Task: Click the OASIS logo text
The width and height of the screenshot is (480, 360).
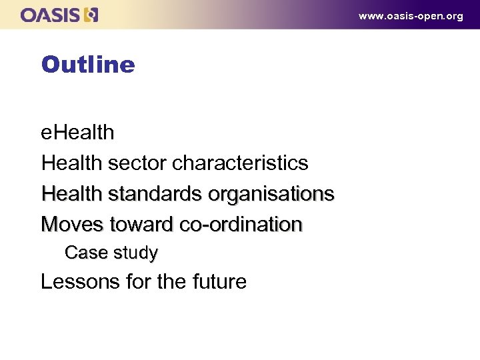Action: click(51, 15)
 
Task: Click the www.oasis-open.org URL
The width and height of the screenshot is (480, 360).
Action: click(410, 16)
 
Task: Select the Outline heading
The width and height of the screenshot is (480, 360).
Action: click(87, 65)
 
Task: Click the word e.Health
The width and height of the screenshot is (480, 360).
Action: click(77, 133)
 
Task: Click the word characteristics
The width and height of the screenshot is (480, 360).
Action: click(239, 163)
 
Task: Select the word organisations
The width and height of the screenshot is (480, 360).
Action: click(271, 194)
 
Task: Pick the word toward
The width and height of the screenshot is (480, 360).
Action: click(139, 225)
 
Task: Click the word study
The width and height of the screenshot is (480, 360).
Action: click(136, 253)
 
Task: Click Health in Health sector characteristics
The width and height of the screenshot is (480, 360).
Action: click(71, 163)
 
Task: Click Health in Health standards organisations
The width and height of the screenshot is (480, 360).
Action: click(71, 194)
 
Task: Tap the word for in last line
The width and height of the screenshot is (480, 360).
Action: click(139, 282)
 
